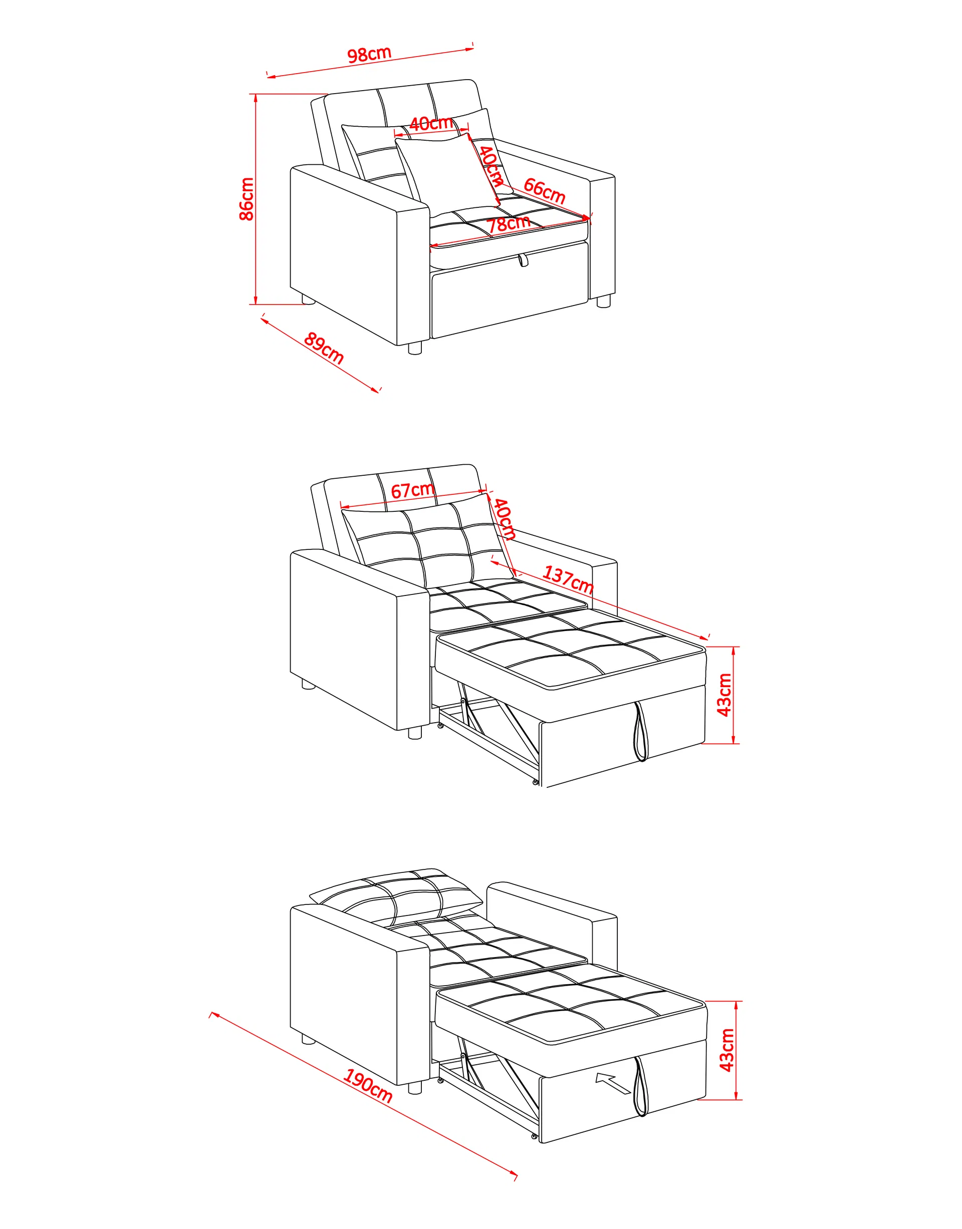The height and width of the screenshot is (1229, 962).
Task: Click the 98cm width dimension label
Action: (x=369, y=55)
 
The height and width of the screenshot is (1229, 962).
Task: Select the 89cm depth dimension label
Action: (x=324, y=349)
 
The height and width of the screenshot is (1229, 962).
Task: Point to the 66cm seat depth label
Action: (x=544, y=191)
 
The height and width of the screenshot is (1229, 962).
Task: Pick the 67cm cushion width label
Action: (x=412, y=490)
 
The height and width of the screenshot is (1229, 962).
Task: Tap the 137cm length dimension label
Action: (x=568, y=580)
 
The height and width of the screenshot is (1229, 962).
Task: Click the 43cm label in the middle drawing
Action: (x=725, y=695)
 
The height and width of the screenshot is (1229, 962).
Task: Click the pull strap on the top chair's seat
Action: (x=524, y=260)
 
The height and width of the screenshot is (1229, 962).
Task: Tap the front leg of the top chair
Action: (x=415, y=349)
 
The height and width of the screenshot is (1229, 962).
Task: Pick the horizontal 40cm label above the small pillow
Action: (x=431, y=123)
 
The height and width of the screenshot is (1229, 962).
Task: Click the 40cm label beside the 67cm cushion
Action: (x=505, y=519)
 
